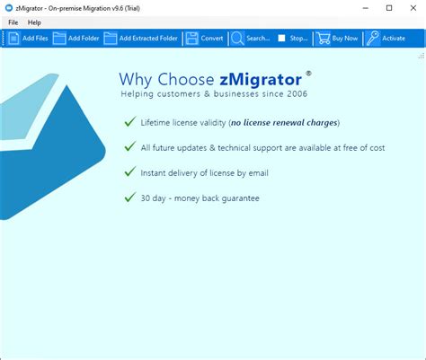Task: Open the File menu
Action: pos(13,22)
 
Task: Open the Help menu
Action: pos(34,22)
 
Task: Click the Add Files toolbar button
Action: pos(28,39)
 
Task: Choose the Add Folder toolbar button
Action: pos(76,39)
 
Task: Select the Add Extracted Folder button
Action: pos(142,39)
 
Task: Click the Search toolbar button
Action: pos(251,39)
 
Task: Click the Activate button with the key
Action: pos(386,39)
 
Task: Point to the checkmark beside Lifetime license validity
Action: pos(131,121)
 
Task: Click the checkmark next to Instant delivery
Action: pos(131,171)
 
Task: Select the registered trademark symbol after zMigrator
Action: pos(308,73)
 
